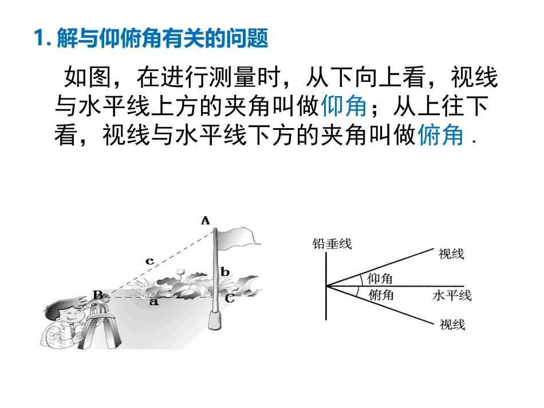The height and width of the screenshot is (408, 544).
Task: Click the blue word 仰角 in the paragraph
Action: [344, 106]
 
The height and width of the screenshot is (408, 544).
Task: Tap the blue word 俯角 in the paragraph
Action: [440, 135]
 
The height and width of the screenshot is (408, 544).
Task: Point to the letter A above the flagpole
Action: [206, 220]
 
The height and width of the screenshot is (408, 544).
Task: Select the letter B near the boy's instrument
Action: [98, 295]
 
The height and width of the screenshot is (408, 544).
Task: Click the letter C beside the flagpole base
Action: [229, 298]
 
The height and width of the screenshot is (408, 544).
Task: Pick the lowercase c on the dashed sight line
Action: [149, 261]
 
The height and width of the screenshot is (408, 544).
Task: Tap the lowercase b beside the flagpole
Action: [225, 271]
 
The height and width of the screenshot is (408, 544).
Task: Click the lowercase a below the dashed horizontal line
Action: [153, 302]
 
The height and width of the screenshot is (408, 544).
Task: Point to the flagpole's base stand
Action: [215, 320]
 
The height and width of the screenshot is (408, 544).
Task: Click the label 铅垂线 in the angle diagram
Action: [332, 244]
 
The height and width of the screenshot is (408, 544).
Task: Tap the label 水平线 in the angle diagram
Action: [452, 296]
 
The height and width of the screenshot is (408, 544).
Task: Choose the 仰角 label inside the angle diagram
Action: [380, 278]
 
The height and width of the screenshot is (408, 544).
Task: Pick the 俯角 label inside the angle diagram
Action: [381, 295]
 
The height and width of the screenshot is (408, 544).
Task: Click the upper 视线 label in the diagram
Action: [451, 254]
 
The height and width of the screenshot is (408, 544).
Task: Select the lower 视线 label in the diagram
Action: [452, 325]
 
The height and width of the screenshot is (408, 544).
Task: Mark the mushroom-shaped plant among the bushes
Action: [180, 274]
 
